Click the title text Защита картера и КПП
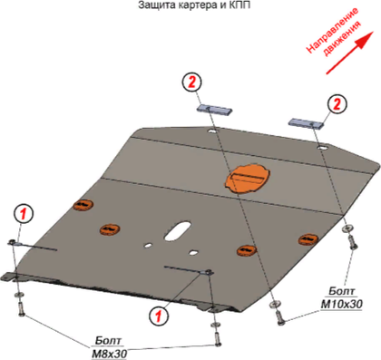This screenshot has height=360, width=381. (x=194, y=5)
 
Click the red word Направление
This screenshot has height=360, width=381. (x=333, y=31)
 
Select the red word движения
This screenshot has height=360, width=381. (x=342, y=39)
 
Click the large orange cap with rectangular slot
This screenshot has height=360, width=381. (x=248, y=178)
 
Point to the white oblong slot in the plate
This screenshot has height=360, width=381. (x=178, y=230)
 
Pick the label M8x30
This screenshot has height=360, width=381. (x=109, y=354)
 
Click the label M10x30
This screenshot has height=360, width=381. (x=341, y=304)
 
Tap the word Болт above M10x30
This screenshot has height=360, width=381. (x=341, y=291)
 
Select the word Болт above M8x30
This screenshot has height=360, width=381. (x=109, y=340)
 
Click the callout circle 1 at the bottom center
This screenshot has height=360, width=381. (x=159, y=316)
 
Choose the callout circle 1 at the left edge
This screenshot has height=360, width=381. (x=24, y=214)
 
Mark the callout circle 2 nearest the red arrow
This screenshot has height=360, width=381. (x=337, y=104)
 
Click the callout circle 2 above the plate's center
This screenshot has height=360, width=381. (x=192, y=82)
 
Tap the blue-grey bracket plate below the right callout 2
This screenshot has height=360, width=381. (x=306, y=123)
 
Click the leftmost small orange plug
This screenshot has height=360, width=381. (x=83, y=205)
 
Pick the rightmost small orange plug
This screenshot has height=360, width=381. (x=308, y=239)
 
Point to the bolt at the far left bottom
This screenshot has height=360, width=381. (x=21, y=309)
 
